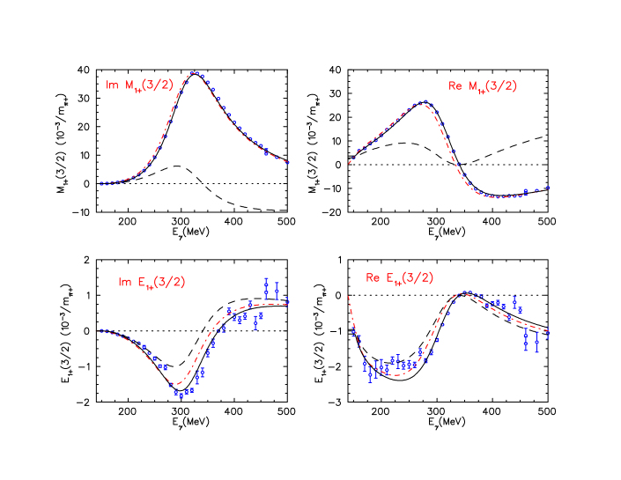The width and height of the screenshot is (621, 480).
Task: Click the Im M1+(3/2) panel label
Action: point(140,85)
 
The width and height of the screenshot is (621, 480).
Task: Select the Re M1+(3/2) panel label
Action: point(483,85)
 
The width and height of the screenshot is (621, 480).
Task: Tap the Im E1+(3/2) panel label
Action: point(152,282)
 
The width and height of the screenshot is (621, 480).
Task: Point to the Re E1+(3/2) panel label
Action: point(400,278)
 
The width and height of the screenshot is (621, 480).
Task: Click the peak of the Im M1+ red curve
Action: point(195,73)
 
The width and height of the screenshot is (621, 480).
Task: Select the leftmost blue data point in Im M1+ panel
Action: point(102,185)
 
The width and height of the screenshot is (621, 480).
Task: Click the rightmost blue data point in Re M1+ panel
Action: point(548,188)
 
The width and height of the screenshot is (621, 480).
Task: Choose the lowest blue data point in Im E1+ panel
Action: point(180,395)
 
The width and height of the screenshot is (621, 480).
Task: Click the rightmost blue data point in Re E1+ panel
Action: point(547,333)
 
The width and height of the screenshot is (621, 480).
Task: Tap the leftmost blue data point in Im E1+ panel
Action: point(102,331)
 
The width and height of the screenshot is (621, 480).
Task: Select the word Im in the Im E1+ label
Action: point(124,282)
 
